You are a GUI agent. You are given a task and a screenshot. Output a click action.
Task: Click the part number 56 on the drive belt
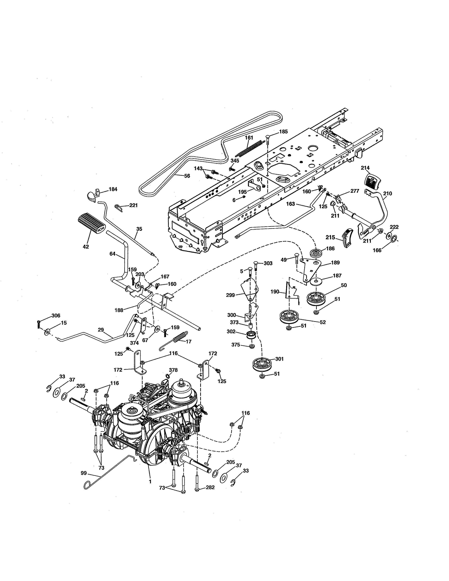(187, 176)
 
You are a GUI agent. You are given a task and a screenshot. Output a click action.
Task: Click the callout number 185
(283, 132)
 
